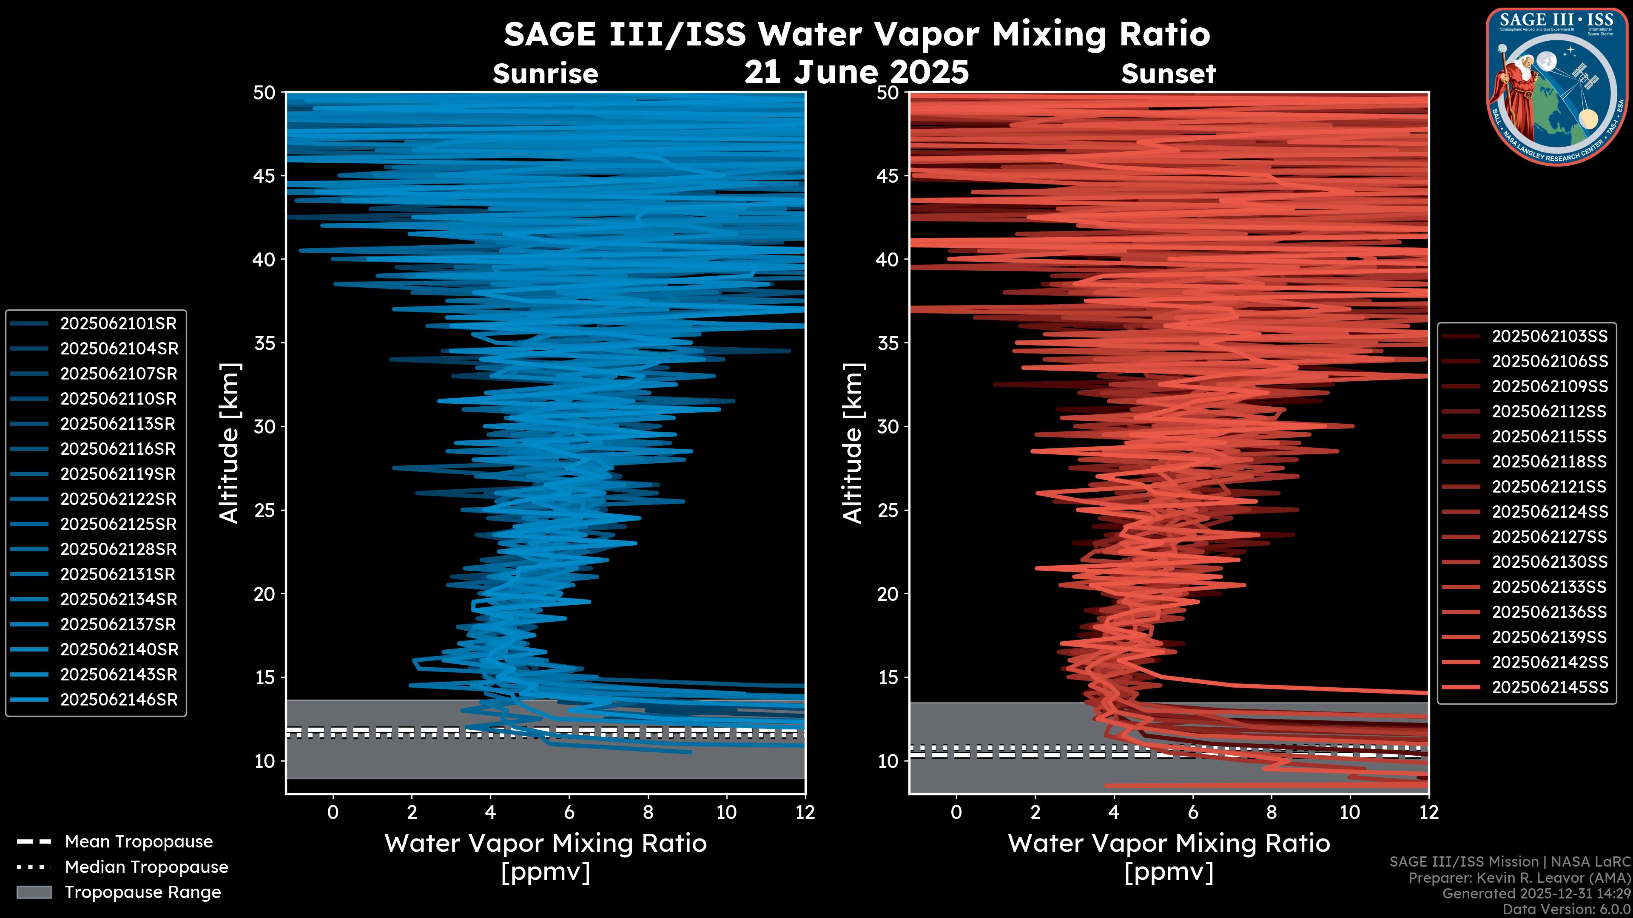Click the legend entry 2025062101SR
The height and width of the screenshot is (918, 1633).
pos(119,324)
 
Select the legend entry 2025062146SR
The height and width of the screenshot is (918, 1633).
pos(119,700)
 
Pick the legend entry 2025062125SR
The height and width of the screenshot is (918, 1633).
pos(119,524)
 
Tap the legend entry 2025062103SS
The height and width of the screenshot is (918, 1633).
pos(1549,337)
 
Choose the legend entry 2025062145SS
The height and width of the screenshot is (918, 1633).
pos(1549,687)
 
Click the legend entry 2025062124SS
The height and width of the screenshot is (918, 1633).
pos(1549,512)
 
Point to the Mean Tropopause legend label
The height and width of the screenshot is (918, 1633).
pos(139,842)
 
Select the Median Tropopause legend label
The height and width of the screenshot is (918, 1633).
pos(146,867)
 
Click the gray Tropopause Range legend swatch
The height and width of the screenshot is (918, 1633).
pos(34,892)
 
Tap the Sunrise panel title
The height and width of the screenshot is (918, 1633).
pos(545,74)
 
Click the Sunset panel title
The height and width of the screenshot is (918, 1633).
pos(1168,74)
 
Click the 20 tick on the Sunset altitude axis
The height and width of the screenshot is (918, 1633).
pos(888,594)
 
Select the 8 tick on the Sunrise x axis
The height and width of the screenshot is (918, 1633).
pos(647,812)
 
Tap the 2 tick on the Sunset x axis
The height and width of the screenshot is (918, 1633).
pos(1035,812)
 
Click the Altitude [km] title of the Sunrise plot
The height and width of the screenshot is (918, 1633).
pos(229,443)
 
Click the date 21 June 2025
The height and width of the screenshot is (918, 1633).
pos(856,71)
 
